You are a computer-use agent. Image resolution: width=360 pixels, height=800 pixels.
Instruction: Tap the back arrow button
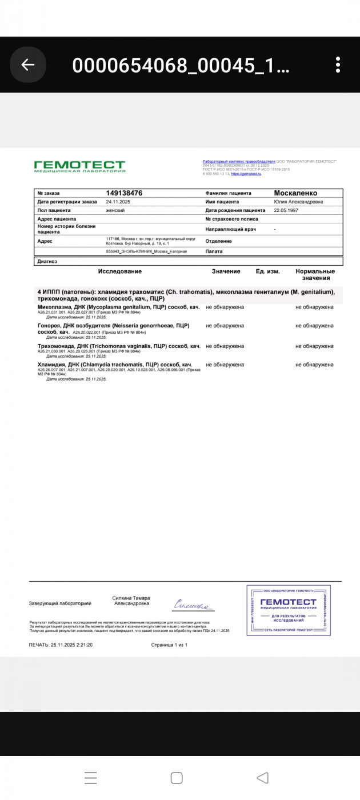tap(28, 65)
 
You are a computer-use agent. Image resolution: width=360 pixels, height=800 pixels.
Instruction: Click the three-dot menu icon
tap(338, 65)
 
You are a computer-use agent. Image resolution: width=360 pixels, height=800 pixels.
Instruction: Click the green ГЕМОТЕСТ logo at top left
tap(79, 166)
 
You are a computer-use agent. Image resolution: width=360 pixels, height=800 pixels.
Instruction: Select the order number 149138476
tap(124, 193)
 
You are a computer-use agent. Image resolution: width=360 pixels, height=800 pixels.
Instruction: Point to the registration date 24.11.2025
tap(119, 202)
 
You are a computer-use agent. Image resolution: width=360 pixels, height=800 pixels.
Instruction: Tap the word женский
tap(115, 210)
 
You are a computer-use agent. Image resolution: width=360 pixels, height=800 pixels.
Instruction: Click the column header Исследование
tap(119, 271)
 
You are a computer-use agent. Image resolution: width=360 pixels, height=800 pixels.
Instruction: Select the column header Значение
tap(226, 271)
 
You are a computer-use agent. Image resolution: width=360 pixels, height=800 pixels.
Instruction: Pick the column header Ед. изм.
tap(267, 271)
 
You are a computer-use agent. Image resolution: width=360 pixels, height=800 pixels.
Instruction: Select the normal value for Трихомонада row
tap(314, 346)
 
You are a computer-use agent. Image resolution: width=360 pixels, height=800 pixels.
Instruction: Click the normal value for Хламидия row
tap(314, 365)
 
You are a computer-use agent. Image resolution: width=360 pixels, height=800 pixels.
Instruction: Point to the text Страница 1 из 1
tap(169, 645)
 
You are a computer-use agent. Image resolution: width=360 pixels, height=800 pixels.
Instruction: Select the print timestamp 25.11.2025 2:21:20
tap(61, 645)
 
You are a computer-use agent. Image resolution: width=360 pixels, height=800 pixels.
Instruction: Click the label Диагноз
tap(47, 261)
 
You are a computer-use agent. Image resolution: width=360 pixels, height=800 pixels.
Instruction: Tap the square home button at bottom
tap(177, 778)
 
